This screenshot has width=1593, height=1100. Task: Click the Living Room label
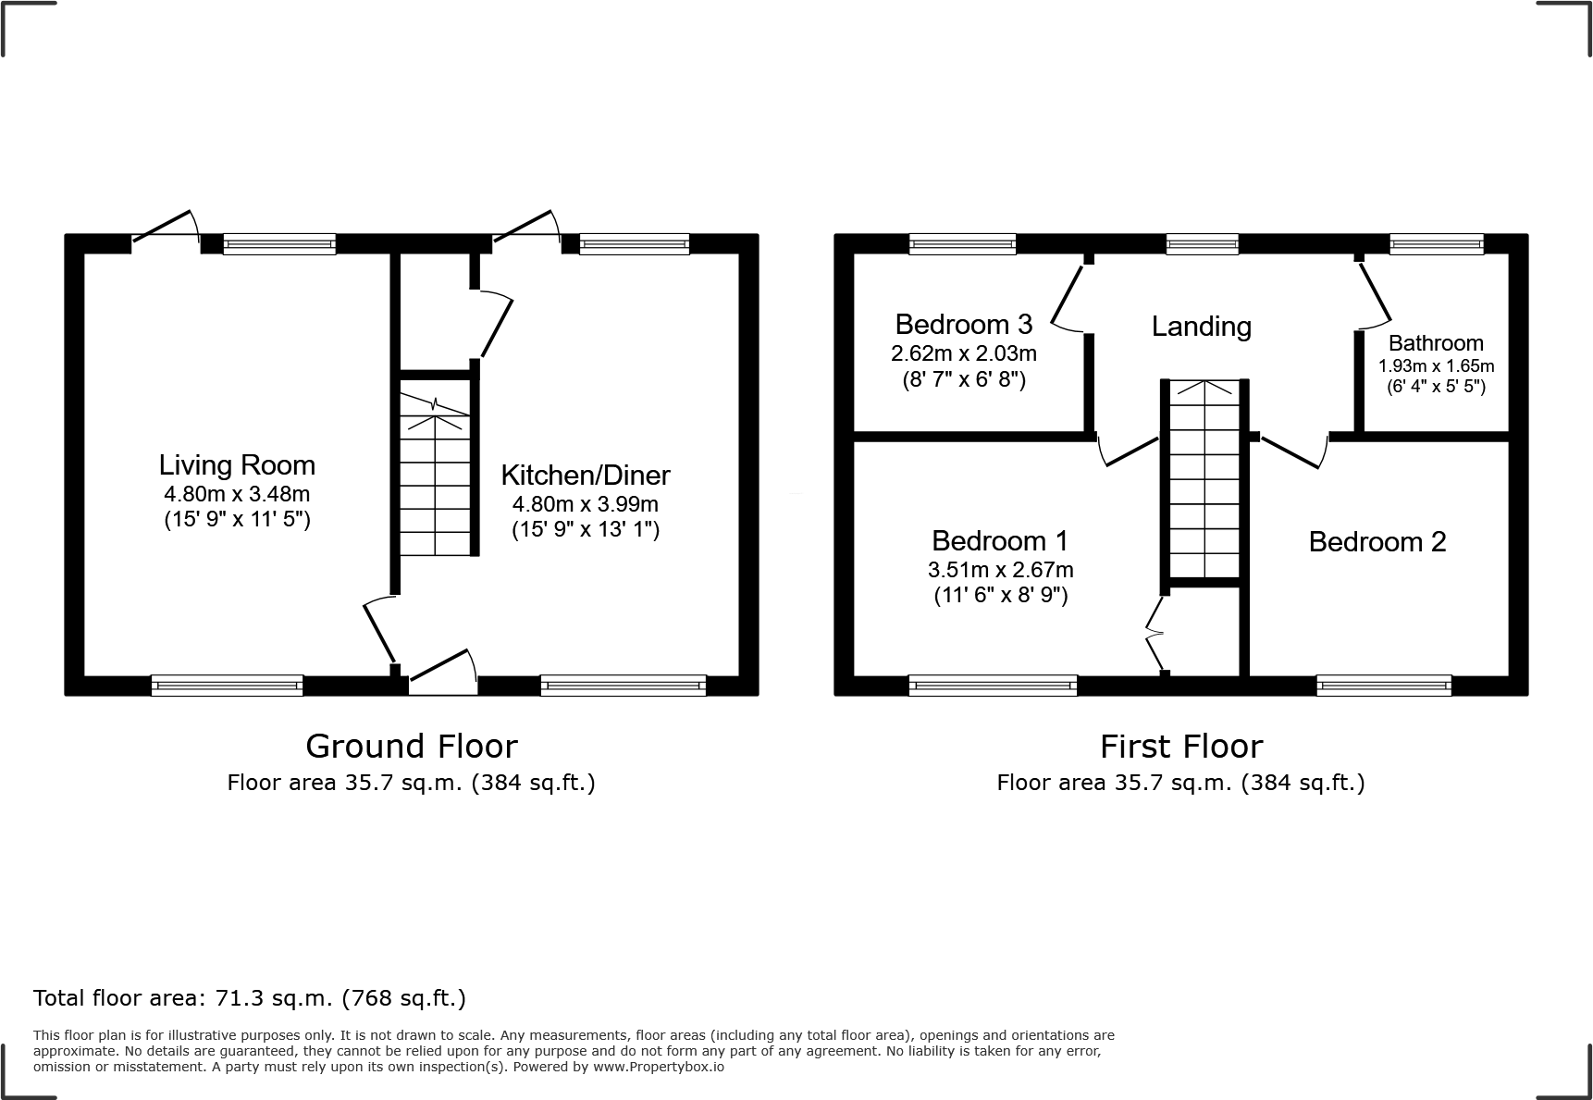pyautogui.click(x=237, y=464)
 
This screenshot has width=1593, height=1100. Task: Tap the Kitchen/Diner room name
pyautogui.click(x=585, y=475)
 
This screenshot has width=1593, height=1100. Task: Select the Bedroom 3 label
pyautogui.click(x=963, y=325)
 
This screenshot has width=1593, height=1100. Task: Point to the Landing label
pyautogui.click(x=1201, y=326)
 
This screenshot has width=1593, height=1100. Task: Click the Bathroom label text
pyautogui.click(x=1435, y=343)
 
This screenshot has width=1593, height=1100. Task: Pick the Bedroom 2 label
pyautogui.click(x=1377, y=541)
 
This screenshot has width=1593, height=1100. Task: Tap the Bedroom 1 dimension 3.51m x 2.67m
pyautogui.click(x=1000, y=570)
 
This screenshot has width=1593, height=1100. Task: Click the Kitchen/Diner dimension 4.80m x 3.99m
pyautogui.click(x=585, y=504)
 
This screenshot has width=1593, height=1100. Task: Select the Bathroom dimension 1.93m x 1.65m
pyautogui.click(x=1436, y=365)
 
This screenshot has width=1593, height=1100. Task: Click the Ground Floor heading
pyautogui.click(x=411, y=746)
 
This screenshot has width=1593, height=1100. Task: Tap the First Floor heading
pyautogui.click(x=1180, y=746)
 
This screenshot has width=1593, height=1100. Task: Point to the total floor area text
pyautogui.click(x=250, y=998)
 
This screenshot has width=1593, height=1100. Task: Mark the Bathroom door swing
pyautogui.click(x=1376, y=296)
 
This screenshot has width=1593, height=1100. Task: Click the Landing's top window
pyautogui.click(x=1202, y=244)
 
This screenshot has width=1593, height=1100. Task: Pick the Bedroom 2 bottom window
pyautogui.click(x=1383, y=686)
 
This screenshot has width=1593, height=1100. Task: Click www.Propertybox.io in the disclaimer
pyautogui.click(x=658, y=1067)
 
